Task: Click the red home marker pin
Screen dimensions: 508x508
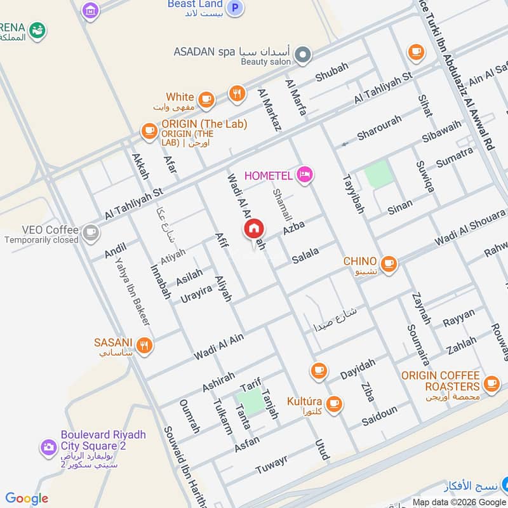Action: [254, 229]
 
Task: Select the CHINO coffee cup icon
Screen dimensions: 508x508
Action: [389, 264]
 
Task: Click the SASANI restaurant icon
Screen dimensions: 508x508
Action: [145, 345]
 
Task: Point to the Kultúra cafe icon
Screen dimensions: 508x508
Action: [333, 403]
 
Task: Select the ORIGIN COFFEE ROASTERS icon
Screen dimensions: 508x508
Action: [491, 384]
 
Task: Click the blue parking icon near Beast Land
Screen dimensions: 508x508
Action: [236, 8]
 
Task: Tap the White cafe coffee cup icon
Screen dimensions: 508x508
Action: [206, 98]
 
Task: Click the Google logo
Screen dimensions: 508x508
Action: [27, 498]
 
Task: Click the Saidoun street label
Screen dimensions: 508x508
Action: [379, 417]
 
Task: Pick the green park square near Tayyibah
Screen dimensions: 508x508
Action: [380, 174]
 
